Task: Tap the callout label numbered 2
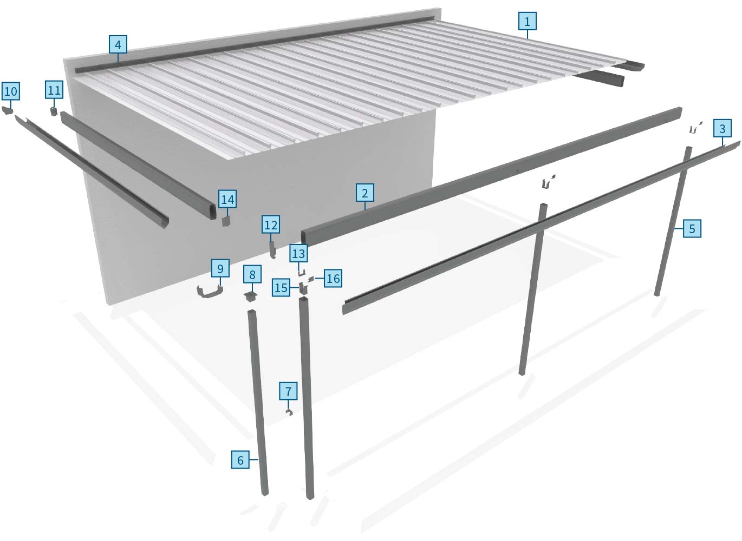click(x=365, y=193)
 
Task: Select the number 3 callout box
click(x=722, y=128)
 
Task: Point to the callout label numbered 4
click(x=118, y=44)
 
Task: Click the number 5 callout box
click(x=692, y=228)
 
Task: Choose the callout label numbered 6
click(x=240, y=460)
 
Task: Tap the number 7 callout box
click(x=288, y=391)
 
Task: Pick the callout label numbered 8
click(x=252, y=275)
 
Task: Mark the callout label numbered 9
click(x=220, y=268)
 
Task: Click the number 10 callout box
click(x=11, y=91)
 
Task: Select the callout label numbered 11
click(x=54, y=90)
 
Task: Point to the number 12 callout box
click(x=271, y=225)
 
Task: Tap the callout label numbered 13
click(x=298, y=253)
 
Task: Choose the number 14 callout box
click(x=227, y=200)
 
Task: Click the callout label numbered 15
click(x=281, y=287)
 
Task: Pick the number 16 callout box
click(x=333, y=279)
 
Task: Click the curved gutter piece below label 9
click(x=210, y=292)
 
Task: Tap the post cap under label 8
click(x=250, y=296)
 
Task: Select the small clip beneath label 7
click(x=289, y=413)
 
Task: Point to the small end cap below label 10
click(x=8, y=110)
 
